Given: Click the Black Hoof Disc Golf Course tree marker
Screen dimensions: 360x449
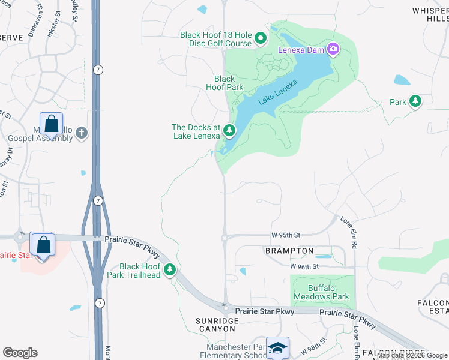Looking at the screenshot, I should coord(261,40).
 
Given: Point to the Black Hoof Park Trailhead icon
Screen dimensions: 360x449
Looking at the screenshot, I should coord(170,271).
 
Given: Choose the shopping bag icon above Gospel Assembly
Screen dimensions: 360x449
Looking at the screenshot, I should coord(52,124).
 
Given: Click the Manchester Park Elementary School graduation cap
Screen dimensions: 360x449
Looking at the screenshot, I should coord(277,349).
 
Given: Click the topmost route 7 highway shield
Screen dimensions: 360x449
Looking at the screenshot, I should coord(98,70).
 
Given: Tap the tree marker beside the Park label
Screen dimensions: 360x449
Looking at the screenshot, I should coord(415,101).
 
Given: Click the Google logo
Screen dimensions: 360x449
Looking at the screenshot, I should coord(20,353).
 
